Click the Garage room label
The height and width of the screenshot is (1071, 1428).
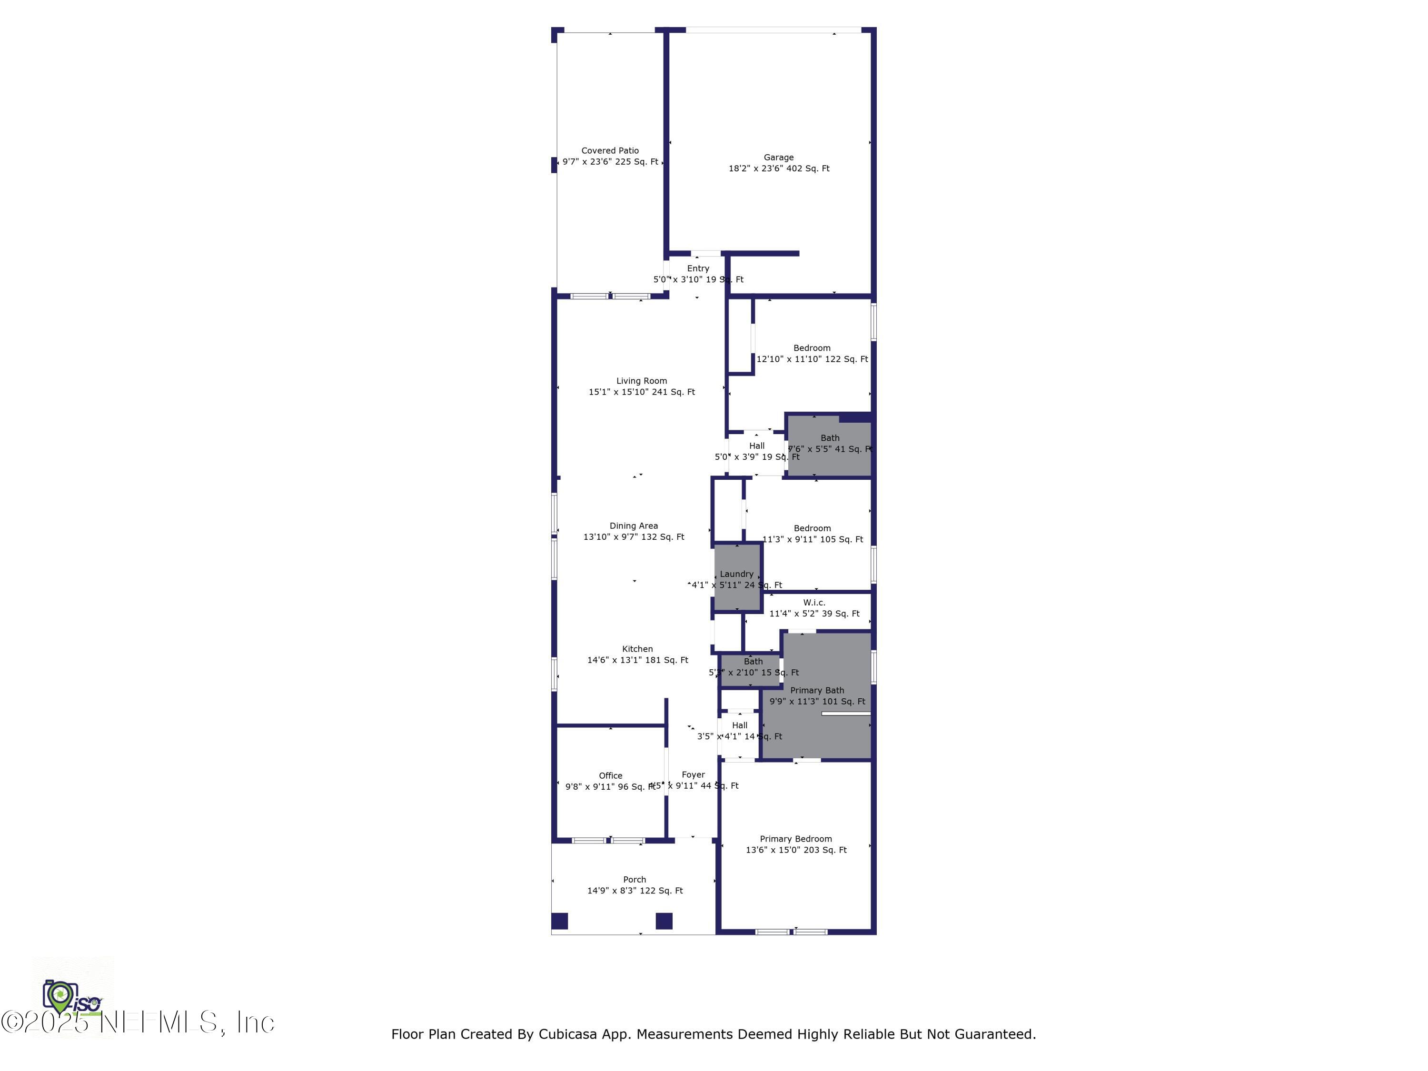click(x=779, y=158)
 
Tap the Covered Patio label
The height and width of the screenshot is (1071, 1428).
click(x=610, y=150)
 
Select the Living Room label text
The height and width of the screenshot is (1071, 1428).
click(x=641, y=381)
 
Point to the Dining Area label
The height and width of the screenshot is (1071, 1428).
click(x=633, y=526)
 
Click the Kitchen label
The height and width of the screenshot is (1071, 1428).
click(x=637, y=649)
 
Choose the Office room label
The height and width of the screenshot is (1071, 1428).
click(x=610, y=776)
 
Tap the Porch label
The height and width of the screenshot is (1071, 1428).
click(x=635, y=879)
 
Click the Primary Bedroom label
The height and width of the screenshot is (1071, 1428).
click(x=795, y=839)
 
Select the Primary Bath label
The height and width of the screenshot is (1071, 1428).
click(x=817, y=691)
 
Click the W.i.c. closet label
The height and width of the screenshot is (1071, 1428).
click(x=814, y=602)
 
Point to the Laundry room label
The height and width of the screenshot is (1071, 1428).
click(x=736, y=574)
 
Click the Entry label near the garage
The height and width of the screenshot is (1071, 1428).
click(x=698, y=268)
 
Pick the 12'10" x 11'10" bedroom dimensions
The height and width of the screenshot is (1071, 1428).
click(x=812, y=359)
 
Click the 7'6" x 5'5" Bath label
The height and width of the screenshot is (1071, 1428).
click(x=830, y=438)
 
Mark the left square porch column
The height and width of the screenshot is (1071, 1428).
click(x=560, y=921)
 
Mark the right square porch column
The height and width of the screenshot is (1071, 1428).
click(x=664, y=921)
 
